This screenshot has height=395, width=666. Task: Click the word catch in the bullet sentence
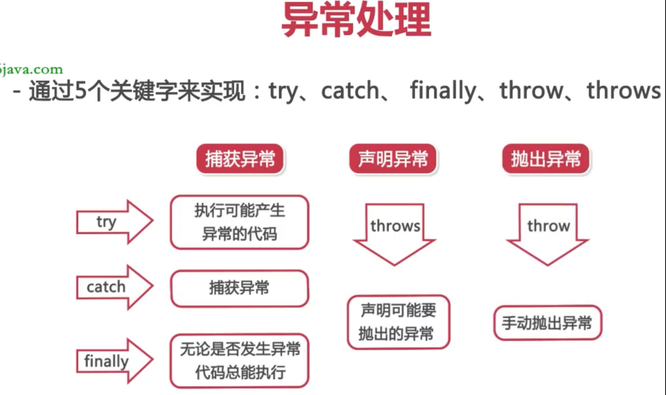click(x=350, y=91)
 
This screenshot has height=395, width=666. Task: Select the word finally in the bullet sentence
click(x=443, y=91)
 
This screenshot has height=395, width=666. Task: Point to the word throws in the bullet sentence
click(x=623, y=91)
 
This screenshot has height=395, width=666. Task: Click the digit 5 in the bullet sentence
click(x=81, y=91)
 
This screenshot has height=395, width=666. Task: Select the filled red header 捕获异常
click(x=240, y=159)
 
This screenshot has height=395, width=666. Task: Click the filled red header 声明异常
click(x=393, y=159)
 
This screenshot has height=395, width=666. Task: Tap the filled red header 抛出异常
click(x=546, y=159)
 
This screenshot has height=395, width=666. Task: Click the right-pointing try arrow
click(x=114, y=221)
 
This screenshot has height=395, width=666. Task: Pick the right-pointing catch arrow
click(x=114, y=287)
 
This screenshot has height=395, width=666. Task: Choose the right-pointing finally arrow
click(x=114, y=361)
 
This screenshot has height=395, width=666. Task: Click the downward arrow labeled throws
click(x=395, y=231)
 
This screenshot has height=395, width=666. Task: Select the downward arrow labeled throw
click(x=548, y=231)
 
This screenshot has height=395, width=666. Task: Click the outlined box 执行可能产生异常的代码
click(x=239, y=222)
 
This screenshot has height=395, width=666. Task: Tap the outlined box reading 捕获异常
click(x=239, y=288)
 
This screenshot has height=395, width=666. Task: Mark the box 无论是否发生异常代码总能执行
click(x=239, y=361)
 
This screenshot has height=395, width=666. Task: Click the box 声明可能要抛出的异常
click(x=398, y=322)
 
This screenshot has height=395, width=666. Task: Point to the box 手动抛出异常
click(x=547, y=323)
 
